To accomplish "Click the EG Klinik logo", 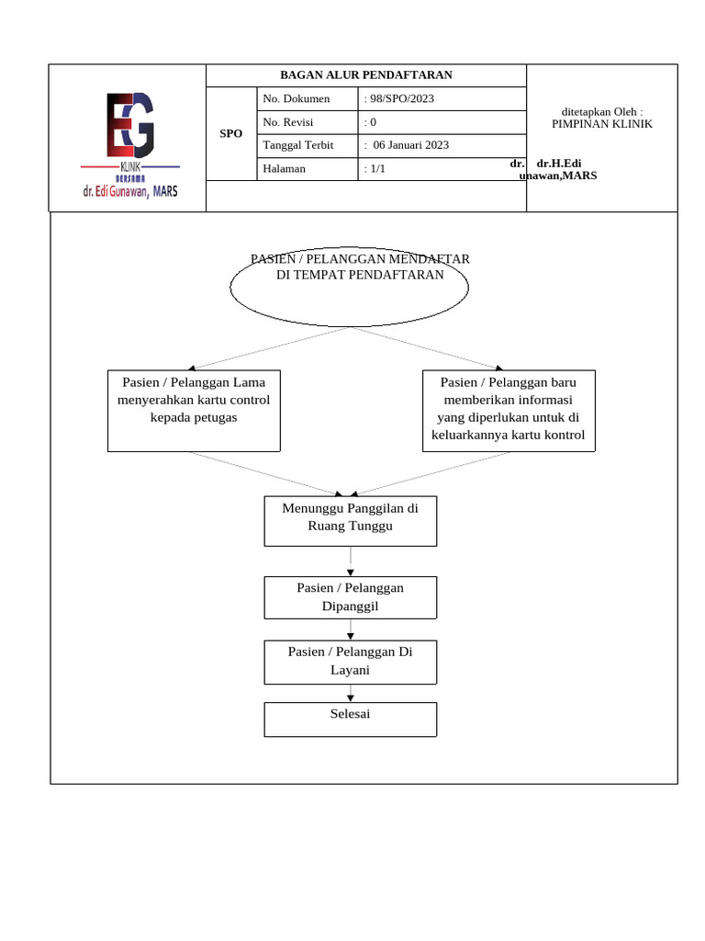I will (x=129, y=144).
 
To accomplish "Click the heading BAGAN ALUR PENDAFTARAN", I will (x=365, y=75).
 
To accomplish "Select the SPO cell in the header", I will (x=231, y=134).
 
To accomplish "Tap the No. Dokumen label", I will (x=296, y=99).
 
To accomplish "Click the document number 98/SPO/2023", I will (x=401, y=99).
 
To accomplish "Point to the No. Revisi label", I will (x=288, y=122).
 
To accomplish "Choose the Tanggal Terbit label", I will (x=297, y=145).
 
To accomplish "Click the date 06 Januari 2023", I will (x=410, y=145).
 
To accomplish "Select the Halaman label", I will (x=284, y=169).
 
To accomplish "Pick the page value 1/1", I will (x=376, y=169).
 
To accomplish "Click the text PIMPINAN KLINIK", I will (x=601, y=124).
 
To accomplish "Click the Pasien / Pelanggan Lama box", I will (x=194, y=410).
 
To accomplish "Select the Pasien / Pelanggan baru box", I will (x=509, y=410).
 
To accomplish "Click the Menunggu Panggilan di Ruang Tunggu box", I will (x=350, y=520).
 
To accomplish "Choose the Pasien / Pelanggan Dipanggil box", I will (x=350, y=597).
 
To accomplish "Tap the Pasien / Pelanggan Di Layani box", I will (x=350, y=662).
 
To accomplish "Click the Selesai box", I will (x=350, y=719).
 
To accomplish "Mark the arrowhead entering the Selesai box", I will (x=350, y=698).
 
